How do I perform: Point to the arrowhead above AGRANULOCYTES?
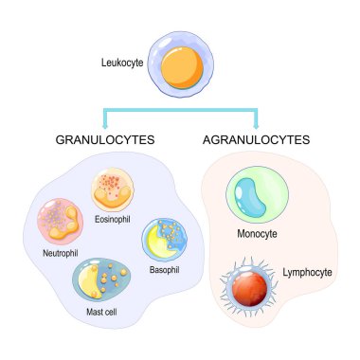coord(256,123)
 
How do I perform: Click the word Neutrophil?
coord(60,255)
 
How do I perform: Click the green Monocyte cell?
coord(253,196)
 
